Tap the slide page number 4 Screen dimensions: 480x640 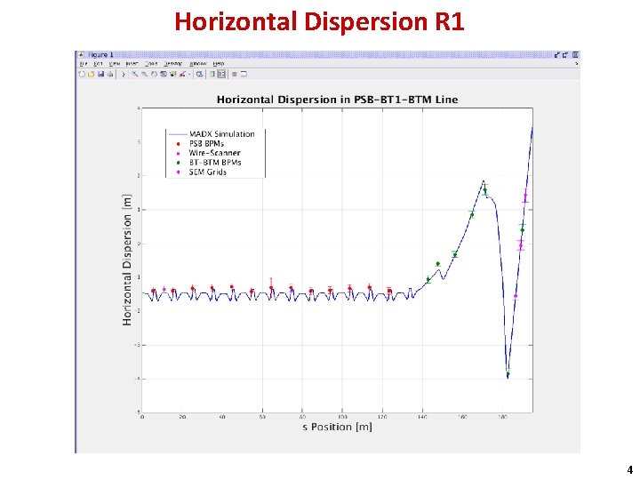point(629,469)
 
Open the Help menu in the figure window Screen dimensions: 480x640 point(218,64)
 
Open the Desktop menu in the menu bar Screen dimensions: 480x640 point(175,64)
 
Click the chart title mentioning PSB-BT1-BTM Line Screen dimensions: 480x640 point(337,100)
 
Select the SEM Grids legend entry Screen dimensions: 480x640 point(208,172)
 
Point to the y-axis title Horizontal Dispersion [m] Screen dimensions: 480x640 point(127,260)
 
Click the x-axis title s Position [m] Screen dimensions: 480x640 point(337,428)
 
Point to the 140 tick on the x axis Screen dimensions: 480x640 point(422,416)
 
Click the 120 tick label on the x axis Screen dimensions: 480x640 point(382,416)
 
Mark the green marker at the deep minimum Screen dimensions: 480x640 point(508,375)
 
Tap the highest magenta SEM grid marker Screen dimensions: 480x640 point(525,197)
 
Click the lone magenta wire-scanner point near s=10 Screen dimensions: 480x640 point(164,290)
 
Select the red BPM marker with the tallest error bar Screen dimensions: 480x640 point(271,287)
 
